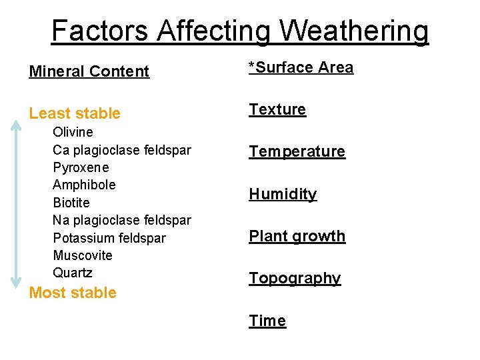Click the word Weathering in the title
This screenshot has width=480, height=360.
353,31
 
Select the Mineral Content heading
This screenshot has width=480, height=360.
89,71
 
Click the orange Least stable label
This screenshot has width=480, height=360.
75,113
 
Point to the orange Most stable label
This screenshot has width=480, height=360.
73,293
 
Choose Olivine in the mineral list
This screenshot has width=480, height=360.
73,132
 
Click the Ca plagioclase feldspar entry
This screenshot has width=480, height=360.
122,150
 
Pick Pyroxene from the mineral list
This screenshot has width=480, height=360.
81,167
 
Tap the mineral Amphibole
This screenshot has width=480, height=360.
84,185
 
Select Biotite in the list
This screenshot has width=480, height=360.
71,203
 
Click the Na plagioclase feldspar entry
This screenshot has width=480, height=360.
122,220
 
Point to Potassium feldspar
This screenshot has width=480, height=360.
109,238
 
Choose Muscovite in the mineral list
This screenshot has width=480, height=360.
83,255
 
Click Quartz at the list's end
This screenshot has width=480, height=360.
73,273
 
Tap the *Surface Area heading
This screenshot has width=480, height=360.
301,67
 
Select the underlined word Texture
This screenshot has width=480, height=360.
277,109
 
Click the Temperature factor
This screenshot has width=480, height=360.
297,152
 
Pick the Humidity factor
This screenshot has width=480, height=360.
283,194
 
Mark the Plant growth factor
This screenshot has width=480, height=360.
297,236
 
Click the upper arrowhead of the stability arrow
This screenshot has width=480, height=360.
15,124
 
